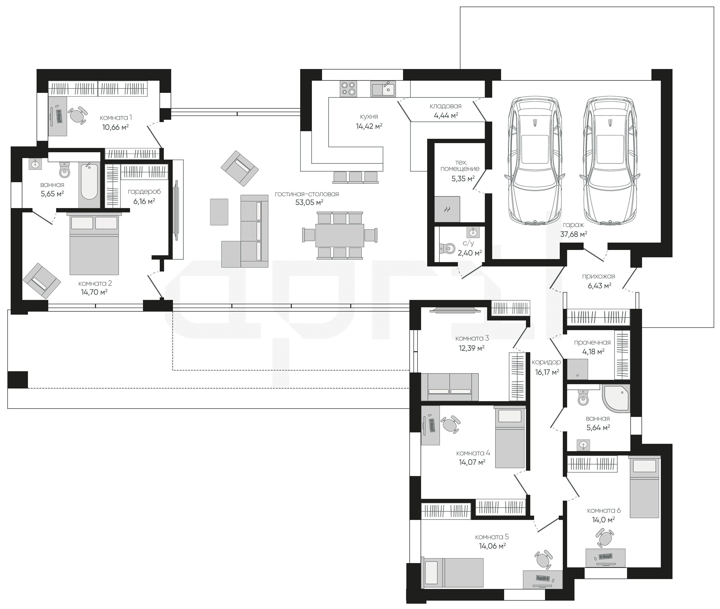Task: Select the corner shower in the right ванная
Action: [616, 398]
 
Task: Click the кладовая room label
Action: [446, 106]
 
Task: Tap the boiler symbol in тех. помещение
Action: [447, 209]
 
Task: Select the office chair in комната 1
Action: [77, 115]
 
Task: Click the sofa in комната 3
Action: [450, 387]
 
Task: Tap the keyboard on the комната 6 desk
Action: [605, 566]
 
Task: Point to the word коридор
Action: [546, 362]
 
